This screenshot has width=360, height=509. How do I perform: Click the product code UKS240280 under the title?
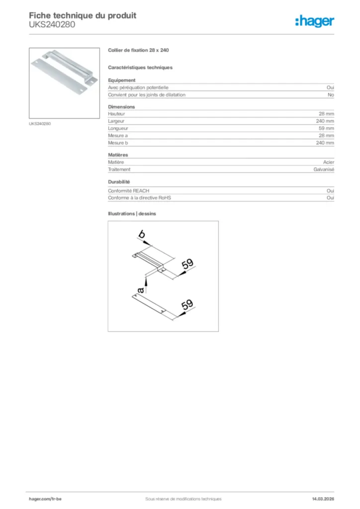[52, 24]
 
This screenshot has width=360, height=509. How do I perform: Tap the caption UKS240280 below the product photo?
[40, 123]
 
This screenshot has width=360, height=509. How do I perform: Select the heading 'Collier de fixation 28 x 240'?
[139, 51]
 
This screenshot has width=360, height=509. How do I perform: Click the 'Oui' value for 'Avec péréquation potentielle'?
[330, 87]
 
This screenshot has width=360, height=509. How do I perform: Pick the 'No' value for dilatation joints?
[331, 94]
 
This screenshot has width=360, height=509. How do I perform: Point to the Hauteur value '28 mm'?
[326, 114]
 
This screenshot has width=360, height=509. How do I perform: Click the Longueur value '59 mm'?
[326, 128]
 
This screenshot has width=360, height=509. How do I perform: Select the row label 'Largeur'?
[116, 121]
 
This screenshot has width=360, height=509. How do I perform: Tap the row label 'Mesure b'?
[118, 143]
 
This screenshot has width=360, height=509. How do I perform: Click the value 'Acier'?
[328, 162]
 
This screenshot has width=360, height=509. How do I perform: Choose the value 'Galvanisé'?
[324, 170]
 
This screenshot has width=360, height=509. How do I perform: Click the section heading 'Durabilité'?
[119, 182]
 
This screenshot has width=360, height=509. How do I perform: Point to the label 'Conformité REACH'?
[129, 190]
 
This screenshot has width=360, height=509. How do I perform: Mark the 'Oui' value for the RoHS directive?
[330, 198]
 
